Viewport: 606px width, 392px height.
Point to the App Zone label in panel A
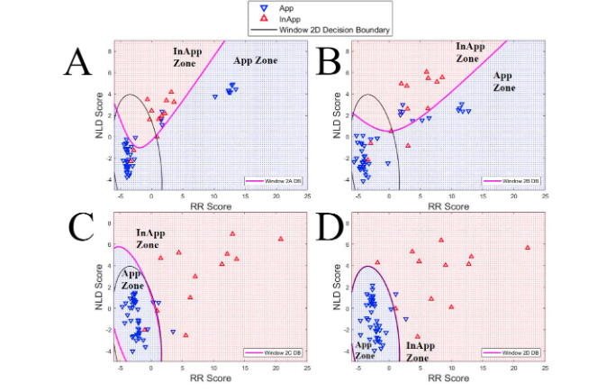click(x=255, y=61)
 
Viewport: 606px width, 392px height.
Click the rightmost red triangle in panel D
click(x=527, y=247)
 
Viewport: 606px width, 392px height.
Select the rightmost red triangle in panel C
click(x=281, y=239)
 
